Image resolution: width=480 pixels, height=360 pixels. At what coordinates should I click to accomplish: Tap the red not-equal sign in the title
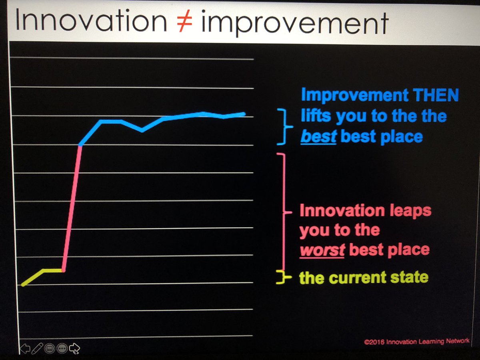pyautogui.click(x=184, y=22)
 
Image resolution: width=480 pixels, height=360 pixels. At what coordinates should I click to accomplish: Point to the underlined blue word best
pyautogui.click(x=318, y=137)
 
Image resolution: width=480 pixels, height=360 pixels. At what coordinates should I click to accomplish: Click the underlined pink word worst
pyautogui.click(x=322, y=250)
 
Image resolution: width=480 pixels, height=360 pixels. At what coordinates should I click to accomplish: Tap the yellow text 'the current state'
pyautogui.click(x=363, y=277)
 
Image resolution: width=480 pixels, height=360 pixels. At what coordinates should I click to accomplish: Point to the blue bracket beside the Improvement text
pyautogui.click(x=283, y=126)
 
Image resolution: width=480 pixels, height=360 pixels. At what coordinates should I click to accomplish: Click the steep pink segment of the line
pyautogui.click(x=72, y=208)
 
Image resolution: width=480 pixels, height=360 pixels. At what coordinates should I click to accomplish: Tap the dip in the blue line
pyautogui.click(x=142, y=130)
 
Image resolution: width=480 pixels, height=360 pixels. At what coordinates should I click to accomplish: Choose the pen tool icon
pyautogui.click(x=37, y=348)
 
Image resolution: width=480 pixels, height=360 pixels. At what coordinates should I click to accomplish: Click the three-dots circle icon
pyautogui.click(x=62, y=348)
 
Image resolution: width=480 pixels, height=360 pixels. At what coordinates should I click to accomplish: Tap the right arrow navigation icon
pyautogui.click(x=74, y=348)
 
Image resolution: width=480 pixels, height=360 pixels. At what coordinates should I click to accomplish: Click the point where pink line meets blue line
pyautogui.click(x=81, y=145)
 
